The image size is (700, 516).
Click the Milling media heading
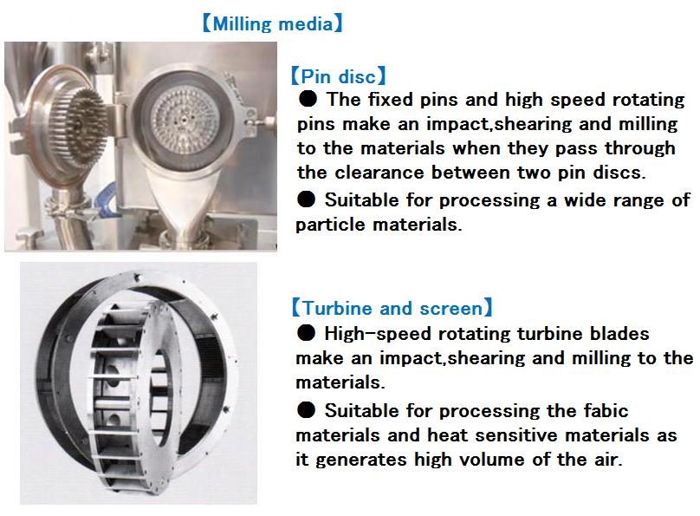pyautogui.click(x=273, y=23)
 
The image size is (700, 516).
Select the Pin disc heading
pyautogui.click(x=338, y=76)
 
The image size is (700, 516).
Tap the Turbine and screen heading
pyautogui.click(x=392, y=308)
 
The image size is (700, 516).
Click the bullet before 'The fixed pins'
pyautogui.click(x=308, y=99)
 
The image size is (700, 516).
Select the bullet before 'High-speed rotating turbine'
pyautogui.click(x=307, y=333)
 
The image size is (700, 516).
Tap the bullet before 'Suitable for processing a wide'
pyautogui.click(x=307, y=199)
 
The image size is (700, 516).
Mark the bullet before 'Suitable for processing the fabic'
pyautogui.click(x=307, y=410)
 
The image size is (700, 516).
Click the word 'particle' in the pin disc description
pyautogui.click(x=330, y=225)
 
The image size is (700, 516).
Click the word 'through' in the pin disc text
pyautogui.click(x=639, y=148)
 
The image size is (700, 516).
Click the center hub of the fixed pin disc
pyautogui.click(x=185, y=120)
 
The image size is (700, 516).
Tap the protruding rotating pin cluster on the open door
pyautogui.click(x=81, y=126)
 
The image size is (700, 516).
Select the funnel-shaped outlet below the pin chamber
pyautogui.click(x=181, y=202)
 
